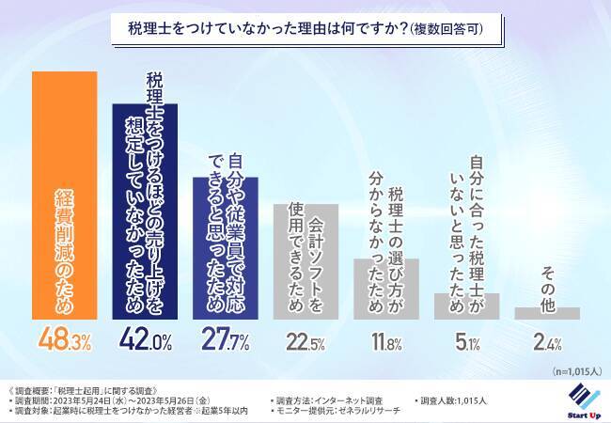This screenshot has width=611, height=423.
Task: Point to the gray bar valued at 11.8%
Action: pos(385,289)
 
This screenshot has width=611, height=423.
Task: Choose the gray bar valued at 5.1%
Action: pos(465,306)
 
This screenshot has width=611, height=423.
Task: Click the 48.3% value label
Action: pos(65,340)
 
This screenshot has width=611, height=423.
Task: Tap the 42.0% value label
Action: pos(145,340)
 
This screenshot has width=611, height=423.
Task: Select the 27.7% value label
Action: pos(226,341)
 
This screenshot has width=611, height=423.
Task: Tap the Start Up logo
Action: pos(580,399)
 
